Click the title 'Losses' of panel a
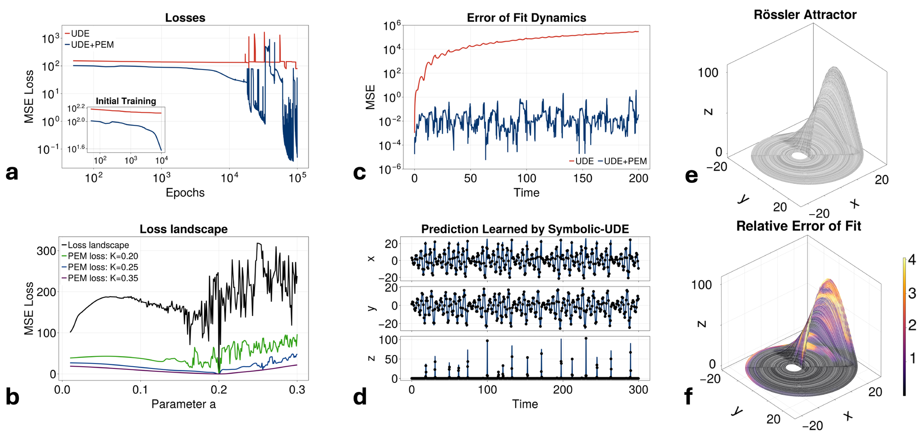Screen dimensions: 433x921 [185, 18]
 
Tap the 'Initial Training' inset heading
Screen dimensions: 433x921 [126, 101]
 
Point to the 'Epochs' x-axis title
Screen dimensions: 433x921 [185, 193]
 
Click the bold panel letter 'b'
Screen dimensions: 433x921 [12, 397]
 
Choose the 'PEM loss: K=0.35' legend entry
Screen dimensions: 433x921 [103, 278]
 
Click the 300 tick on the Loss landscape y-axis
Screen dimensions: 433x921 [46, 251]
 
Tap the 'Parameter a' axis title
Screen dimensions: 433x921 [183, 404]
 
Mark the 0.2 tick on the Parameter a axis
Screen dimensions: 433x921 [219, 390]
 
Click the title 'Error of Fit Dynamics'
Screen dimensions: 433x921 [526, 18]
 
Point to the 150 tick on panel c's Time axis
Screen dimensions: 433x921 [583, 179]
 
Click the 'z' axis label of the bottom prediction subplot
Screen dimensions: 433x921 [372, 358]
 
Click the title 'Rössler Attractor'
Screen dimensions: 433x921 [805, 15]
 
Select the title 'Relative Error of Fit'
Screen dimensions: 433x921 [799, 226]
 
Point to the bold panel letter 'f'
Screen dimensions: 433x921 [689, 397]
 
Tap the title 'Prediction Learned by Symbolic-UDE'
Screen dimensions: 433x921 [525, 229]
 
